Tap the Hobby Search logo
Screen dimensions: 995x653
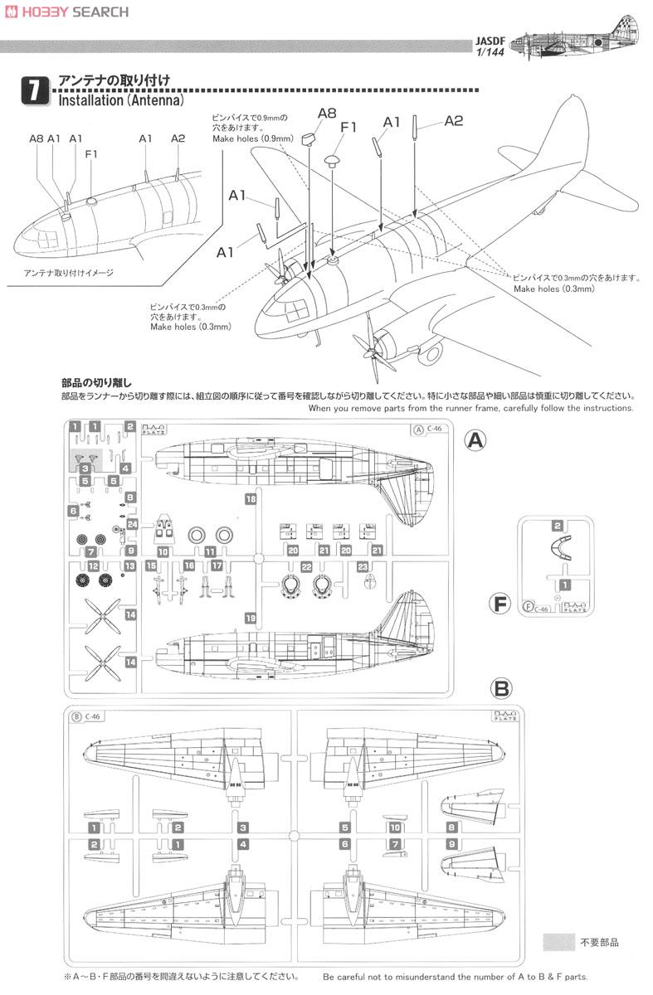(x=66, y=12)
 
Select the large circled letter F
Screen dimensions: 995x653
(x=499, y=604)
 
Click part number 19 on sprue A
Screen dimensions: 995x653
(x=250, y=617)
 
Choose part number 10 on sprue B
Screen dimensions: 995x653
(x=395, y=828)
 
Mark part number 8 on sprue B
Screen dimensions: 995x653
(x=451, y=828)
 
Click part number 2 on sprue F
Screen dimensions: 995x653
(x=558, y=526)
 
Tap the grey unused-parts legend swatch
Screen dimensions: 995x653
(x=558, y=942)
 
